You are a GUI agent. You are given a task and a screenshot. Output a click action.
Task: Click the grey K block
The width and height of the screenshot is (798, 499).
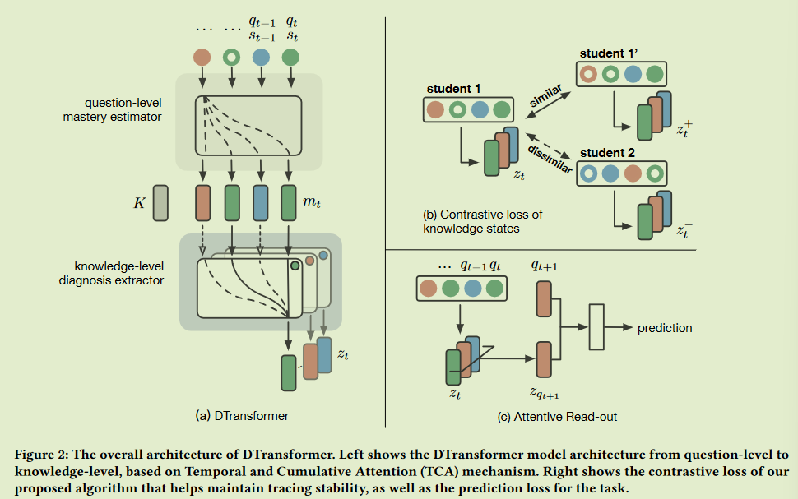coord(160,202)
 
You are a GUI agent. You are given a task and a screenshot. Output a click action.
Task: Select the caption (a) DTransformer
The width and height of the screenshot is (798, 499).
coord(242,416)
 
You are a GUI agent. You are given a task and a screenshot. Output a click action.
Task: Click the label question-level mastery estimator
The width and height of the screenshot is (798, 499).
coord(123,109)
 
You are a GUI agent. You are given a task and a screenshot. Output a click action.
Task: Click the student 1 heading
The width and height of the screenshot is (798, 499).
coord(454,88)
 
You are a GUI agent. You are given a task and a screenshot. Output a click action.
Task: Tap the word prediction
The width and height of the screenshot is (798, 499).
coord(665,328)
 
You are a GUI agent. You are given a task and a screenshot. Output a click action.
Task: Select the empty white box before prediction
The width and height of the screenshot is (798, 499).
coord(596,328)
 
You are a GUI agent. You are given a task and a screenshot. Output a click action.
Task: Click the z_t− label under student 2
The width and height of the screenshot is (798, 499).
coord(683,230)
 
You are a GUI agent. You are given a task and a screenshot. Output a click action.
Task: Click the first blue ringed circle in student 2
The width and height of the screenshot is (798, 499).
coord(588,174)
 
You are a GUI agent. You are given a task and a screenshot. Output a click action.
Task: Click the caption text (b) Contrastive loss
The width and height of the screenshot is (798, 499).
coord(482,215)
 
